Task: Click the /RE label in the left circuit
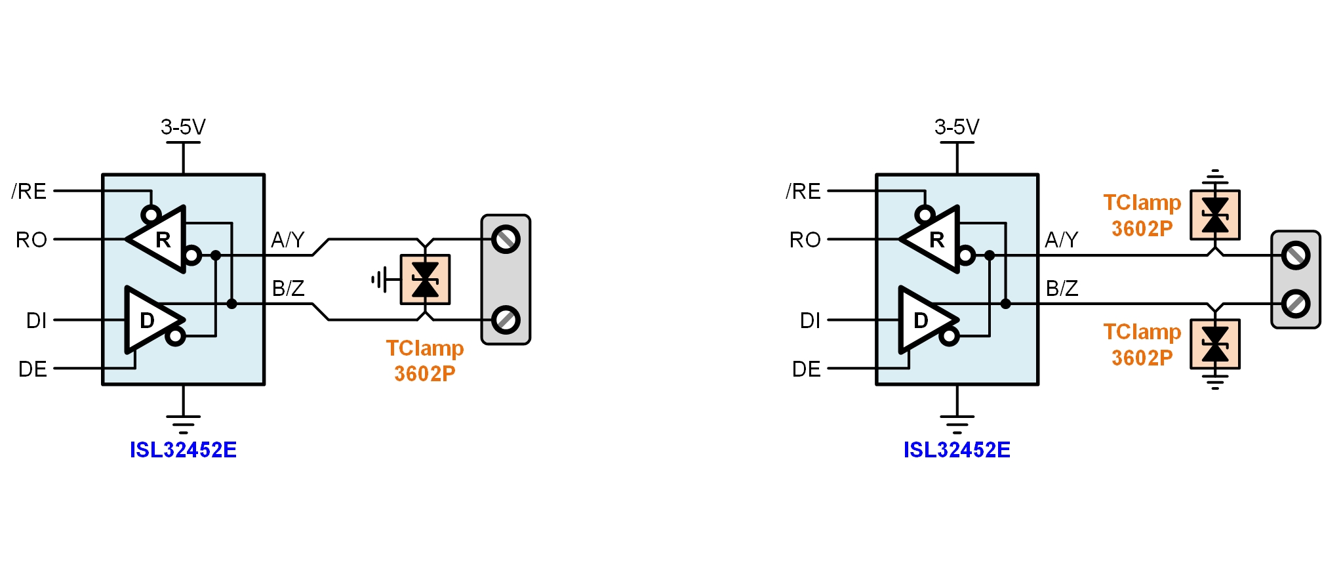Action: [x=30, y=192]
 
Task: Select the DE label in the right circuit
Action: [x=806, y=369]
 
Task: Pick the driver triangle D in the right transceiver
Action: [x=924, y=320]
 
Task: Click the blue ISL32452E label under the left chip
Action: [x=183, y=450]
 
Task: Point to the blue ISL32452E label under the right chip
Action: [x=957, y=450]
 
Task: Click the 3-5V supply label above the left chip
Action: [x=183, y=127]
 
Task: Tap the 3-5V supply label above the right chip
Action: [x=957, y=127]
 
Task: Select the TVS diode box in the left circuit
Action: [x=425, y=280]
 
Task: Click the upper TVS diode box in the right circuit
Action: [x=1215, y=215]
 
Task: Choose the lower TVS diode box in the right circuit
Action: [x=1215, y=344]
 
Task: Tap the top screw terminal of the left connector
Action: [x=506, y=239]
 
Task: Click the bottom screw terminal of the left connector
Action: [x=506, y=320]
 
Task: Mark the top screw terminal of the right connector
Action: [x=1296, y=256]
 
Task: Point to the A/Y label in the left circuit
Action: [x=288, y=240]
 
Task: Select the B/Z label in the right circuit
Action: [x=1062, y=289]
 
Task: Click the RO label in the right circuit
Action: [x=805, y=240]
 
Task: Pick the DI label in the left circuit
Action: [x=37, y=321]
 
